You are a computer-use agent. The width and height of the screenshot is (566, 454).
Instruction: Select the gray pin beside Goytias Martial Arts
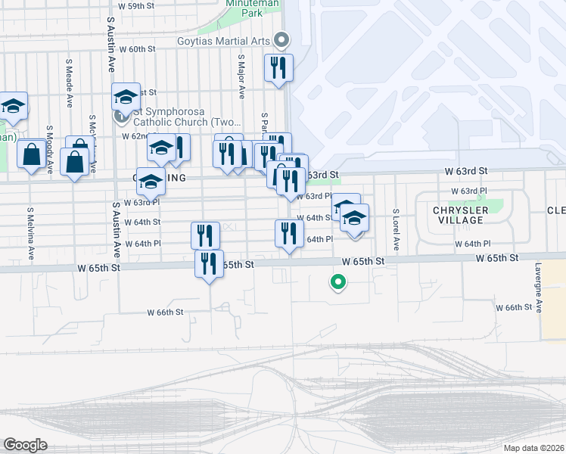[x=282, y=39]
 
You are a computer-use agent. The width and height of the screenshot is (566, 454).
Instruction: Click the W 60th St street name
[x=136, y=48]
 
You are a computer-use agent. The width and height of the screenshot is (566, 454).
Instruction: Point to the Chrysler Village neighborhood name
[x=458, y=215]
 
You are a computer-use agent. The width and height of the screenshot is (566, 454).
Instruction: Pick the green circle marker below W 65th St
[x=338, y=283]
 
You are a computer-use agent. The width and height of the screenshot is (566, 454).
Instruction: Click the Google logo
[x=25, y=445]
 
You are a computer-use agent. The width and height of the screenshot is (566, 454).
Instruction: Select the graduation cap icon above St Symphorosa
[x=126, y=96]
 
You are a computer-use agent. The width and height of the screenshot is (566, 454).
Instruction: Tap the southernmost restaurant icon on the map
[x=209, y=263]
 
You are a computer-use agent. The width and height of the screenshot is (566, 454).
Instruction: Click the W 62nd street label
[x=136, y=137]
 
